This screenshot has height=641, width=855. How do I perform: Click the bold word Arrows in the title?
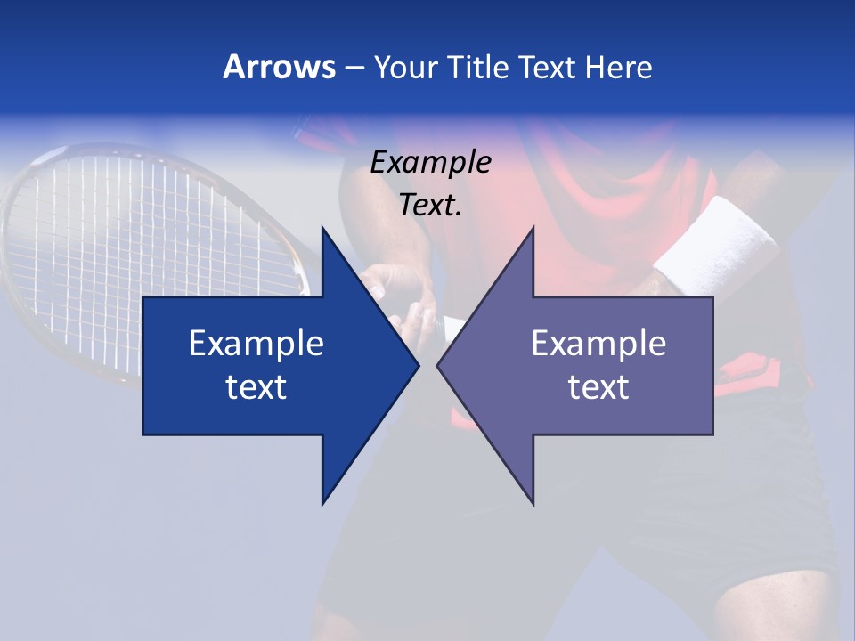(279, 67)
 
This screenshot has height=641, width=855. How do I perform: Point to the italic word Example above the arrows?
(431, 163)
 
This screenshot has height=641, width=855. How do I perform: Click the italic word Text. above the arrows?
(431, 206)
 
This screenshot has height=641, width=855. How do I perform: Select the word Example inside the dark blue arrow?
(256, 344)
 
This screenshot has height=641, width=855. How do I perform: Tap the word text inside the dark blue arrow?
(256, 386)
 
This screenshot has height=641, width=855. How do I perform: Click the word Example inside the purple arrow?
(598, 344)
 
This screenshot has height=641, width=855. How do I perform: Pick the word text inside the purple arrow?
(598, 386)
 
